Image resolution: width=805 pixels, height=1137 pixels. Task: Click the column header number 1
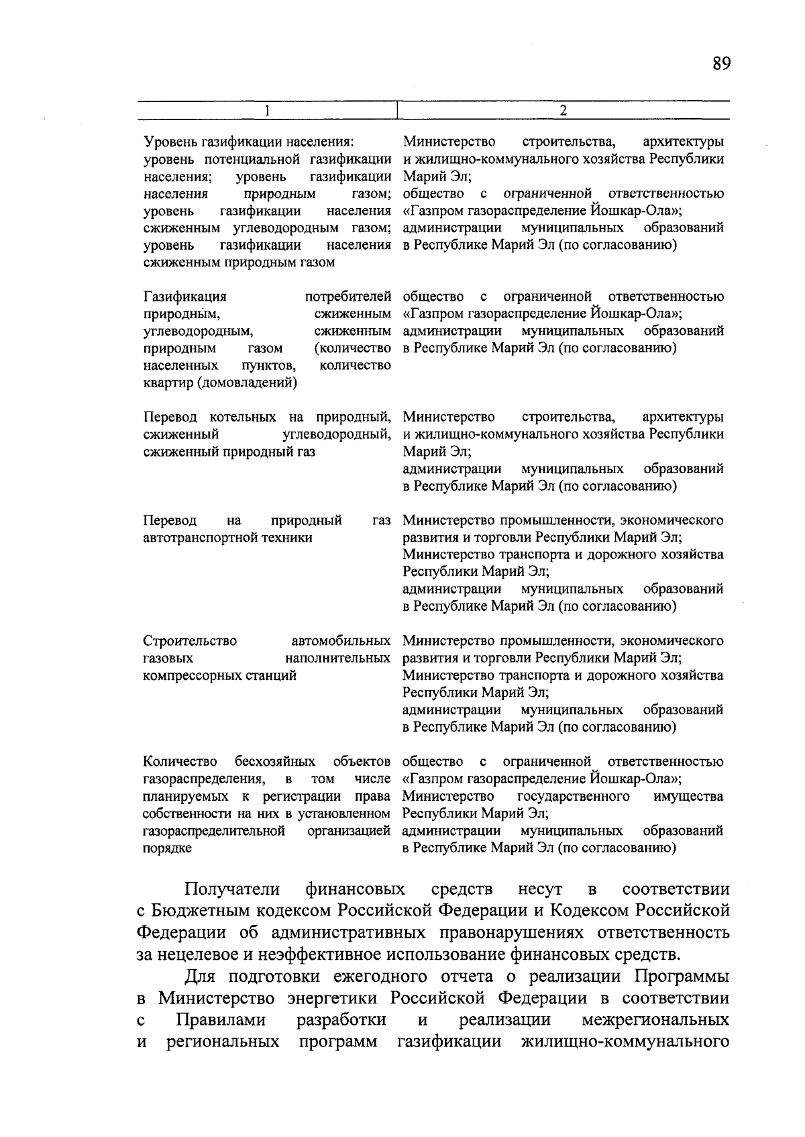coord(267,110)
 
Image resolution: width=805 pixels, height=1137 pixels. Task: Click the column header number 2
coord(563,110)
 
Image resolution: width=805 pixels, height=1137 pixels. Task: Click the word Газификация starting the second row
coord(185,297)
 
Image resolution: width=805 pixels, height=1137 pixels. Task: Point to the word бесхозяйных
coord(275,762)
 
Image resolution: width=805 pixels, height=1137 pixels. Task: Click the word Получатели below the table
coord(232,889)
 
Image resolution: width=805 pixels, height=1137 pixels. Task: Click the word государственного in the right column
coord(574,796)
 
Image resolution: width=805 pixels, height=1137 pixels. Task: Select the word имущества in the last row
coord(688,796)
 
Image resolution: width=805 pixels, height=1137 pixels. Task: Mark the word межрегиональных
coord(655,1020)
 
